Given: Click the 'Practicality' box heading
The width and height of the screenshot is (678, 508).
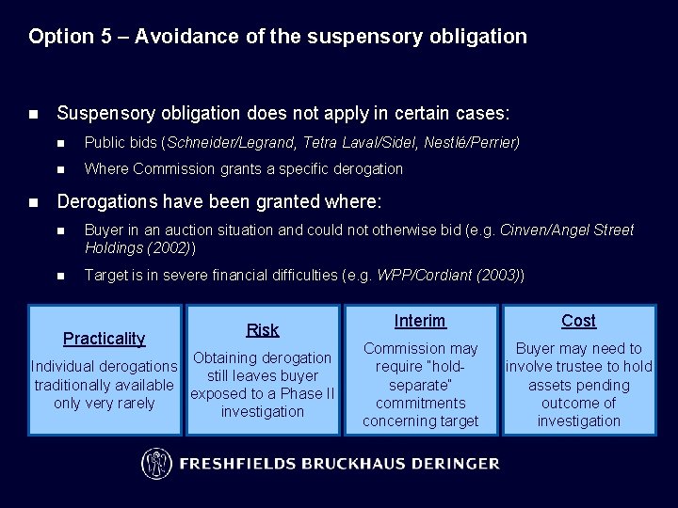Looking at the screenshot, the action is [x=104, y=339].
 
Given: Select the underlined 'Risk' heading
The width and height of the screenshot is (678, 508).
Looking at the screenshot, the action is [x=263, y=329].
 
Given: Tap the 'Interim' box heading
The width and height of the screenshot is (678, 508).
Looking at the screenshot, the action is [x=420, y=321].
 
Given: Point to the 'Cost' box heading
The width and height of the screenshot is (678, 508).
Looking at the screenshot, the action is [x=578, y=321].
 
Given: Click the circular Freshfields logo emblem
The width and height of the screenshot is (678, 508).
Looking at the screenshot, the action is [x=156, y=463].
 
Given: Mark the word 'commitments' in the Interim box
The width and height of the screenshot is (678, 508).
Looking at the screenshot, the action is [x=420, y=403].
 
